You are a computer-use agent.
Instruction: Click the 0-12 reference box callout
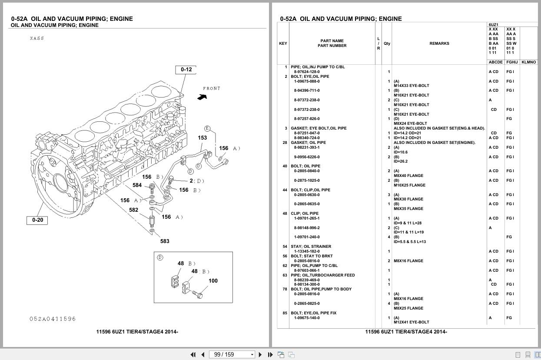(186, 70)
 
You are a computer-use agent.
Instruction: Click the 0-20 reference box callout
(37, 220)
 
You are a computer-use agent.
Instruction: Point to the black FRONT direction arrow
(202, 97)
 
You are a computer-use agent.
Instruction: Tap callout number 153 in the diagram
(202, 138)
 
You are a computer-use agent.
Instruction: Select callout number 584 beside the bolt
(137, 185)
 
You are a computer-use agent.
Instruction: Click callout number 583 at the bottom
(165, 241)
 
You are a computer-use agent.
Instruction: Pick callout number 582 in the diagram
(133, 210)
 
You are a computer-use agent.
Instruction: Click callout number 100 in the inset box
(213, 281)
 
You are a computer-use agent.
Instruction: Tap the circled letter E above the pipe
(207, 128)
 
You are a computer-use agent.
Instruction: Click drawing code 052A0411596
(53, 319)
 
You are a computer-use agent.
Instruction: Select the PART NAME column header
(332, 41)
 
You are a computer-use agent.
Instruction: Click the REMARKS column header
(439, 43)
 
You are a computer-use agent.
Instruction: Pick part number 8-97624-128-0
(307, 72)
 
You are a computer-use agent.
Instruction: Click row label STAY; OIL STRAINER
(311, 247)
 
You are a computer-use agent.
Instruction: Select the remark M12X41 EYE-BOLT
(411, 322)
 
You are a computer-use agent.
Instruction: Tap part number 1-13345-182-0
(307, 251)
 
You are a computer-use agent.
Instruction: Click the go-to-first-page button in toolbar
(193, 355)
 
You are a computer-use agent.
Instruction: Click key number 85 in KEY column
(285, 313)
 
